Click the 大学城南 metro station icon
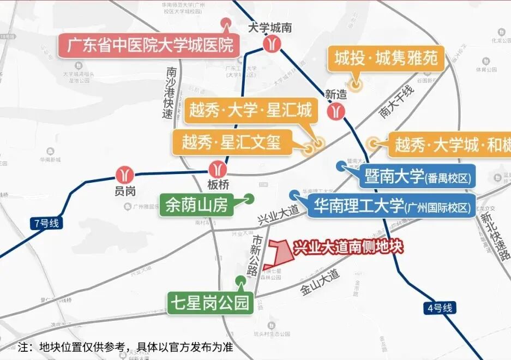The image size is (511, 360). coord(271,44)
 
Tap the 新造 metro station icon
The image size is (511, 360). coord(336,111)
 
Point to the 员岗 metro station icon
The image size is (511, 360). coord(125,174)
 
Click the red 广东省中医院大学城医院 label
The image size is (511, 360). coord(149,45)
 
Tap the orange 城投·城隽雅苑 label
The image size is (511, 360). coord(386,58)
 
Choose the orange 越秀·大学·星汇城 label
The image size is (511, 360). coord(250,110)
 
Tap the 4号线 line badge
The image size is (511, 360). coord(440,308)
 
